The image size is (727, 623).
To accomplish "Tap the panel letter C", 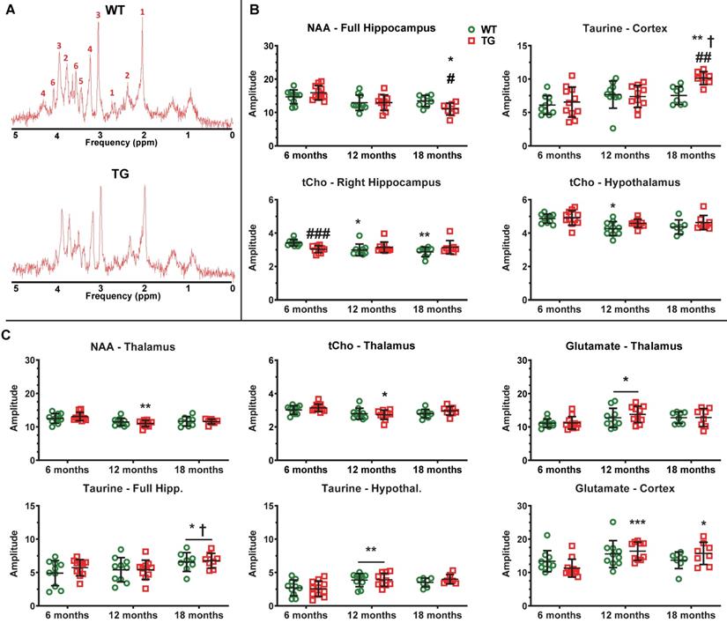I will pos(8,336).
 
